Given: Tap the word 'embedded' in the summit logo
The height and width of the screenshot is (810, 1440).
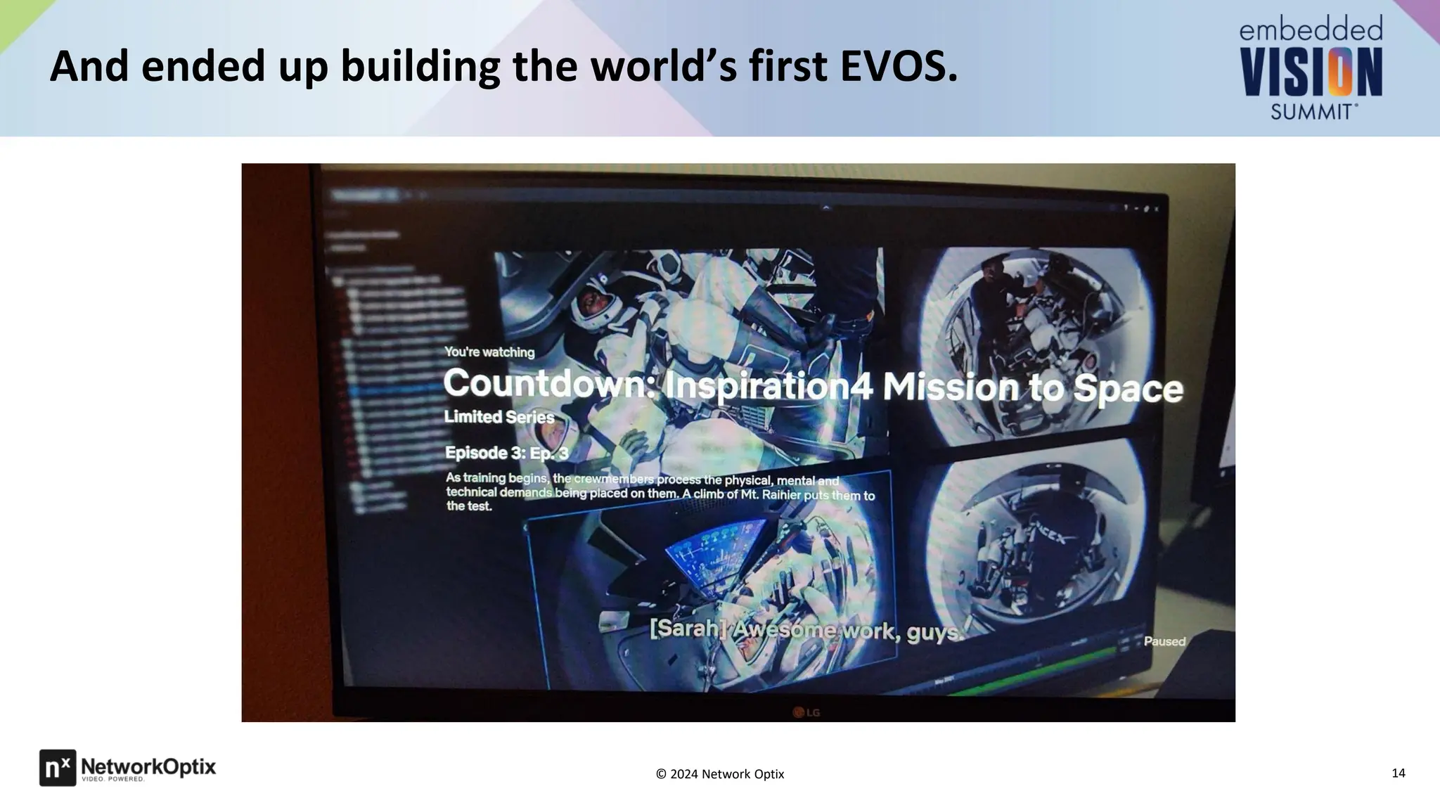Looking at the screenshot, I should click(1311, 30).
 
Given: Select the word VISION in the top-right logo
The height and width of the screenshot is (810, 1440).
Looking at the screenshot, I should click(1311, 72).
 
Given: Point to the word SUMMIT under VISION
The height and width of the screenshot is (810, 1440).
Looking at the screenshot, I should click(1312, 111).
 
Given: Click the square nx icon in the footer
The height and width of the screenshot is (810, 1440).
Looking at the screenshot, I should click(57, 767).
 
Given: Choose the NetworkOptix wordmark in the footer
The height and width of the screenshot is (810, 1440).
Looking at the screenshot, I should click(148, 767).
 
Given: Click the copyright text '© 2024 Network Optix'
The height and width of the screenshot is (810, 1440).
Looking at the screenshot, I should click(719, 774).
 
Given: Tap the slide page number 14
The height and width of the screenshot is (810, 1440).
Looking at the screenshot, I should click(1398, 773).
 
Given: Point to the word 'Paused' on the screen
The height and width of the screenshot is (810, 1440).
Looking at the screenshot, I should click(1164, 641).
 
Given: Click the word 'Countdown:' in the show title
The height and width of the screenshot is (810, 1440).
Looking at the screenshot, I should click(548, 384).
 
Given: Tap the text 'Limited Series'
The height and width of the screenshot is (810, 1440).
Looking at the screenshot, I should click(499, 417).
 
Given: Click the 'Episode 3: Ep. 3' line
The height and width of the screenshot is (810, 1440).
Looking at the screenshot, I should click(506, 453).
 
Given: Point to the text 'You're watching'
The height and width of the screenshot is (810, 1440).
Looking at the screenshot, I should click(489, 352).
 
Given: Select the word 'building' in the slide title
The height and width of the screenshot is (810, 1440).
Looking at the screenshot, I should click(420, 67).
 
